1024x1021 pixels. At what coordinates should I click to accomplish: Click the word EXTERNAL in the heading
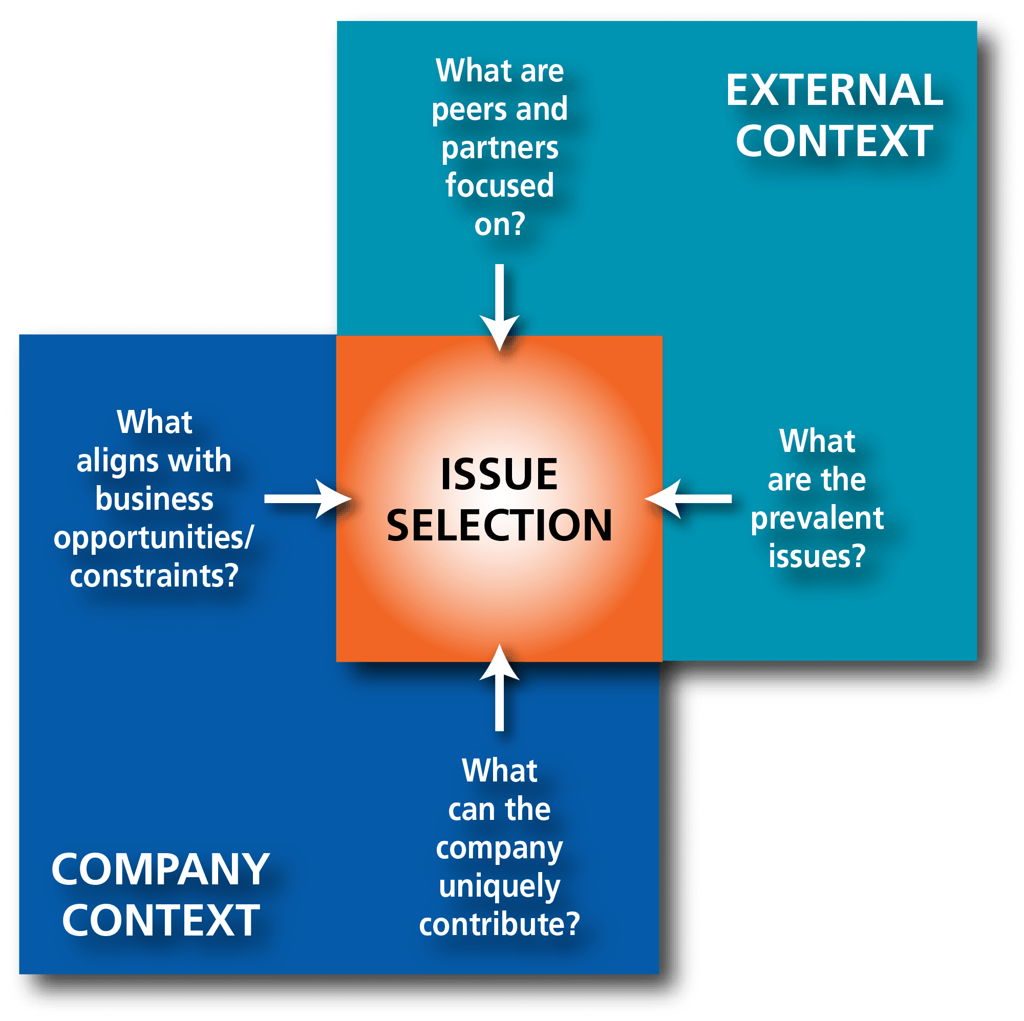834,90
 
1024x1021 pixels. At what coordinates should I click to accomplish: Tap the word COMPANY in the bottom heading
160,870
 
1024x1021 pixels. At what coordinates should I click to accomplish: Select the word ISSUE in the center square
499,474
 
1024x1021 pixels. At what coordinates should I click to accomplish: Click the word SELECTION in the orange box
499,525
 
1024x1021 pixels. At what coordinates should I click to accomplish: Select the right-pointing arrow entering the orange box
307,498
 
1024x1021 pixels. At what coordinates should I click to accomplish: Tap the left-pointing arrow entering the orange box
689,498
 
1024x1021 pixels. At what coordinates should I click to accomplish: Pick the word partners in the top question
500,148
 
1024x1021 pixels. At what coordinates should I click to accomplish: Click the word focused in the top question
499,185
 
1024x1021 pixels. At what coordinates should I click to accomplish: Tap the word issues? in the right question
817,556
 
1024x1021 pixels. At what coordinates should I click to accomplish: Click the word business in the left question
154,499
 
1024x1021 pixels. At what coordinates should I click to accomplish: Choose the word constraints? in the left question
154,575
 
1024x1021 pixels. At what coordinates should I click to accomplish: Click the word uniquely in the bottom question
499,887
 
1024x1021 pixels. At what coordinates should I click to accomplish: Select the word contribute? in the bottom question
499,924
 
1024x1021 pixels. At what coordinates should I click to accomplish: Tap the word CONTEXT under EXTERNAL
834,141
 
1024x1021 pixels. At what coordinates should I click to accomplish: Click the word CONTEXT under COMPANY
160,920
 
